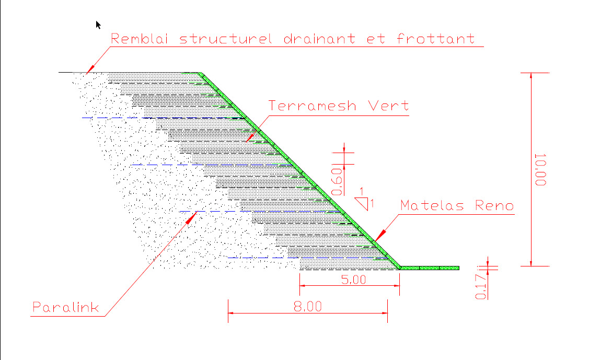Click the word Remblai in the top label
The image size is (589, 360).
click(139, 39)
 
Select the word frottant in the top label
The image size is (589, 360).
click(436, 39)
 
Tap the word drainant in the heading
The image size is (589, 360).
click(319, 39)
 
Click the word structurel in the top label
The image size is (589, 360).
click(225, 39)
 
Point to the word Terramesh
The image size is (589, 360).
click(312, 106)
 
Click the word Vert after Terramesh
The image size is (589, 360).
click(388, 106)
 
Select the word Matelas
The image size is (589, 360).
click(432, 205)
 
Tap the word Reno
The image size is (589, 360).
click(494, 205)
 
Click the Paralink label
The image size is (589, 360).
click(66, 307)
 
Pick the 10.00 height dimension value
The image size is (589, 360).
click(540, 170)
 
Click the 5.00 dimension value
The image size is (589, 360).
click(353, 280)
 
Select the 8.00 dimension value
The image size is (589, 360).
click(308, 306)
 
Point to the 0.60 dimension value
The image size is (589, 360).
click(337, 182)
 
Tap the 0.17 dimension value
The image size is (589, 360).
click(481, 286)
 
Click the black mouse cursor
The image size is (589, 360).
click(98, 25)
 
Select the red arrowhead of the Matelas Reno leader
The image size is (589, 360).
click(380, 235)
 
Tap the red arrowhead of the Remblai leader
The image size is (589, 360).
click(90, 69)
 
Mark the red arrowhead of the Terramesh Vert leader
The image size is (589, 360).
click(251, 137)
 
